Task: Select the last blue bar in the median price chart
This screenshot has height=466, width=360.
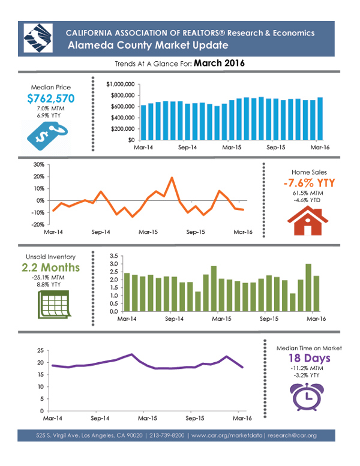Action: click(320, 118)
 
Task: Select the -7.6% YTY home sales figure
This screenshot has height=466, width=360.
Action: click(304, 183)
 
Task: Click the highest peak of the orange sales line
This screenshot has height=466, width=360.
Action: click(172, 178)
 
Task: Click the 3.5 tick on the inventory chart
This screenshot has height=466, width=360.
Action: click(113, 256)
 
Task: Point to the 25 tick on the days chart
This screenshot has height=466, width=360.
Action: click(41, 350)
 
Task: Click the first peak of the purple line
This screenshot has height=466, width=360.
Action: click(131, 354)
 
